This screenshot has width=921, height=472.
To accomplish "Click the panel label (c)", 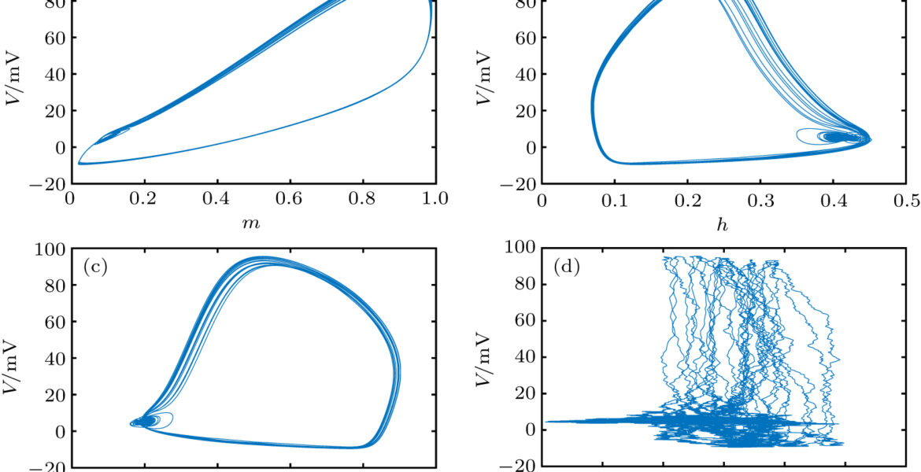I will [95, 267].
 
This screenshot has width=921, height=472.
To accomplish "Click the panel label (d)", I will [566, 267].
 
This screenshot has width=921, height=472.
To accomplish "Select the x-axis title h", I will [723, 224].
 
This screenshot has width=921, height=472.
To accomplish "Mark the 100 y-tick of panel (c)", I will [50, 249].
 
